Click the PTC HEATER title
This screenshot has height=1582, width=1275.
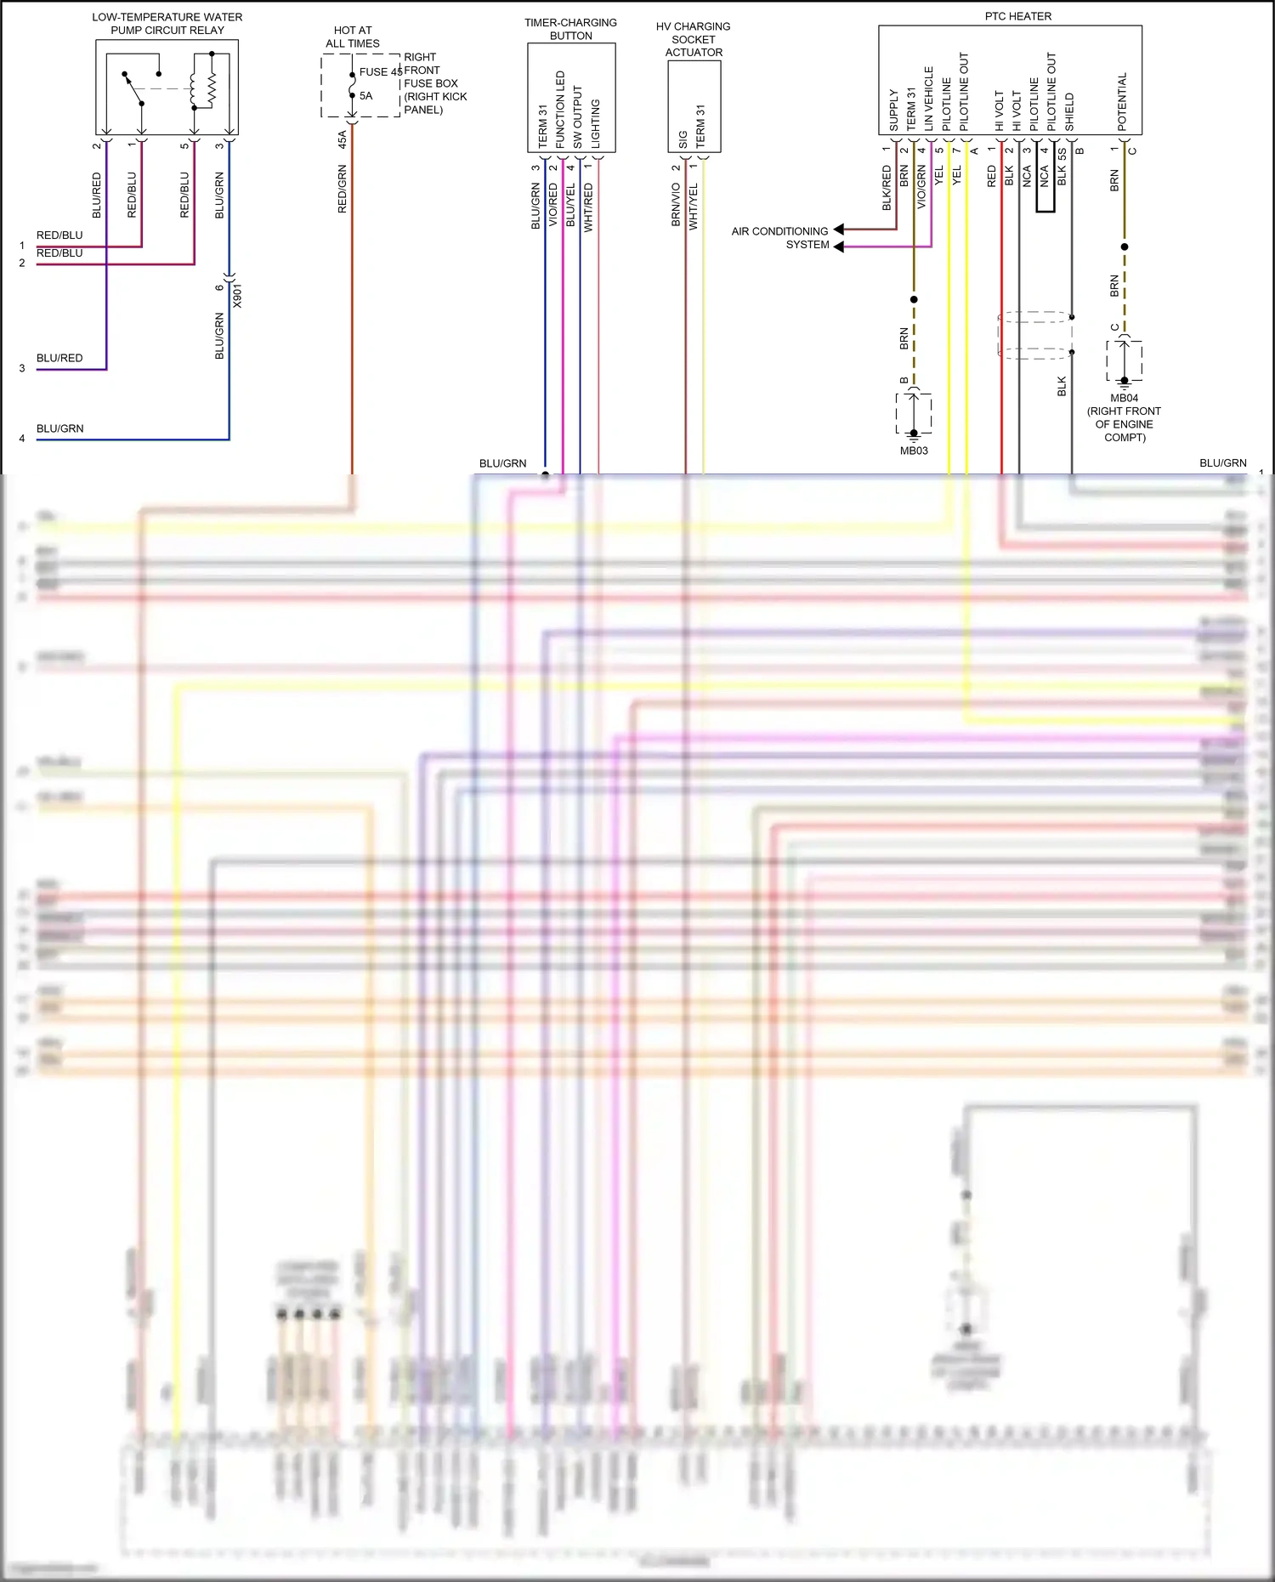(1017, 16)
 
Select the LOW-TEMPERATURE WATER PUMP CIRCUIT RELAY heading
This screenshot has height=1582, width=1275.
(167, 23)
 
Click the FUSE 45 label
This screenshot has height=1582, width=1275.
(380, 72)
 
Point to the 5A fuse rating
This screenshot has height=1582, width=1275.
(365, 96)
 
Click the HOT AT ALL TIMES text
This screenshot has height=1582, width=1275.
(353, 37)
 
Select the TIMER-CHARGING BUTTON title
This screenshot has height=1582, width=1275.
(570, 29)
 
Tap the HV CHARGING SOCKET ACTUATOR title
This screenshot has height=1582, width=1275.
(693, 39)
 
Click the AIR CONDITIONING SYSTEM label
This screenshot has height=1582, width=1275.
(779, 238)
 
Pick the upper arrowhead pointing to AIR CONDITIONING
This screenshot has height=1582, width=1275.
(839, 230)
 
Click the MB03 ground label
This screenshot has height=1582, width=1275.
(914, 451)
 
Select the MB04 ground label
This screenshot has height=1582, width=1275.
(1124, 398)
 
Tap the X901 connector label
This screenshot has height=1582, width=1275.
(237, 296)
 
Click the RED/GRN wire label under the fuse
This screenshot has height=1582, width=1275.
(342, 189)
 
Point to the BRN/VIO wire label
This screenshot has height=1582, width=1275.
(676, 205)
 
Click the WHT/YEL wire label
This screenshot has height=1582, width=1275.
(693, 207)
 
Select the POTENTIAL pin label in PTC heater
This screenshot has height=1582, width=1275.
(1122, 101)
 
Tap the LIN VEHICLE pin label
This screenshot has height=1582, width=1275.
(928, 99)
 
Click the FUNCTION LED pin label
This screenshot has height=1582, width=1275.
(560, 110)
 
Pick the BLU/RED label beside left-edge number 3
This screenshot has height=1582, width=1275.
(59, 358)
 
